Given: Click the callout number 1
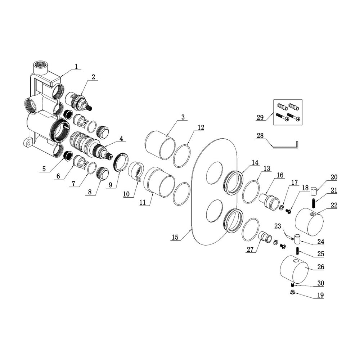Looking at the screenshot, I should pos(76,66).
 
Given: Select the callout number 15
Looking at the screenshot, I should pos(175,238).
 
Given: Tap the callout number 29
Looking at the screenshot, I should pos(261,117).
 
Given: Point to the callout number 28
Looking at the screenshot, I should pos(261,136).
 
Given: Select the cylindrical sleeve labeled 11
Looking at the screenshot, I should pos(159,181).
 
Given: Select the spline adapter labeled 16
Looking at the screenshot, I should pos(269,200).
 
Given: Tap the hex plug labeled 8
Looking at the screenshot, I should pos(103,175).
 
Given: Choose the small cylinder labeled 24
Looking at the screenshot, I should pos(297,239).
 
